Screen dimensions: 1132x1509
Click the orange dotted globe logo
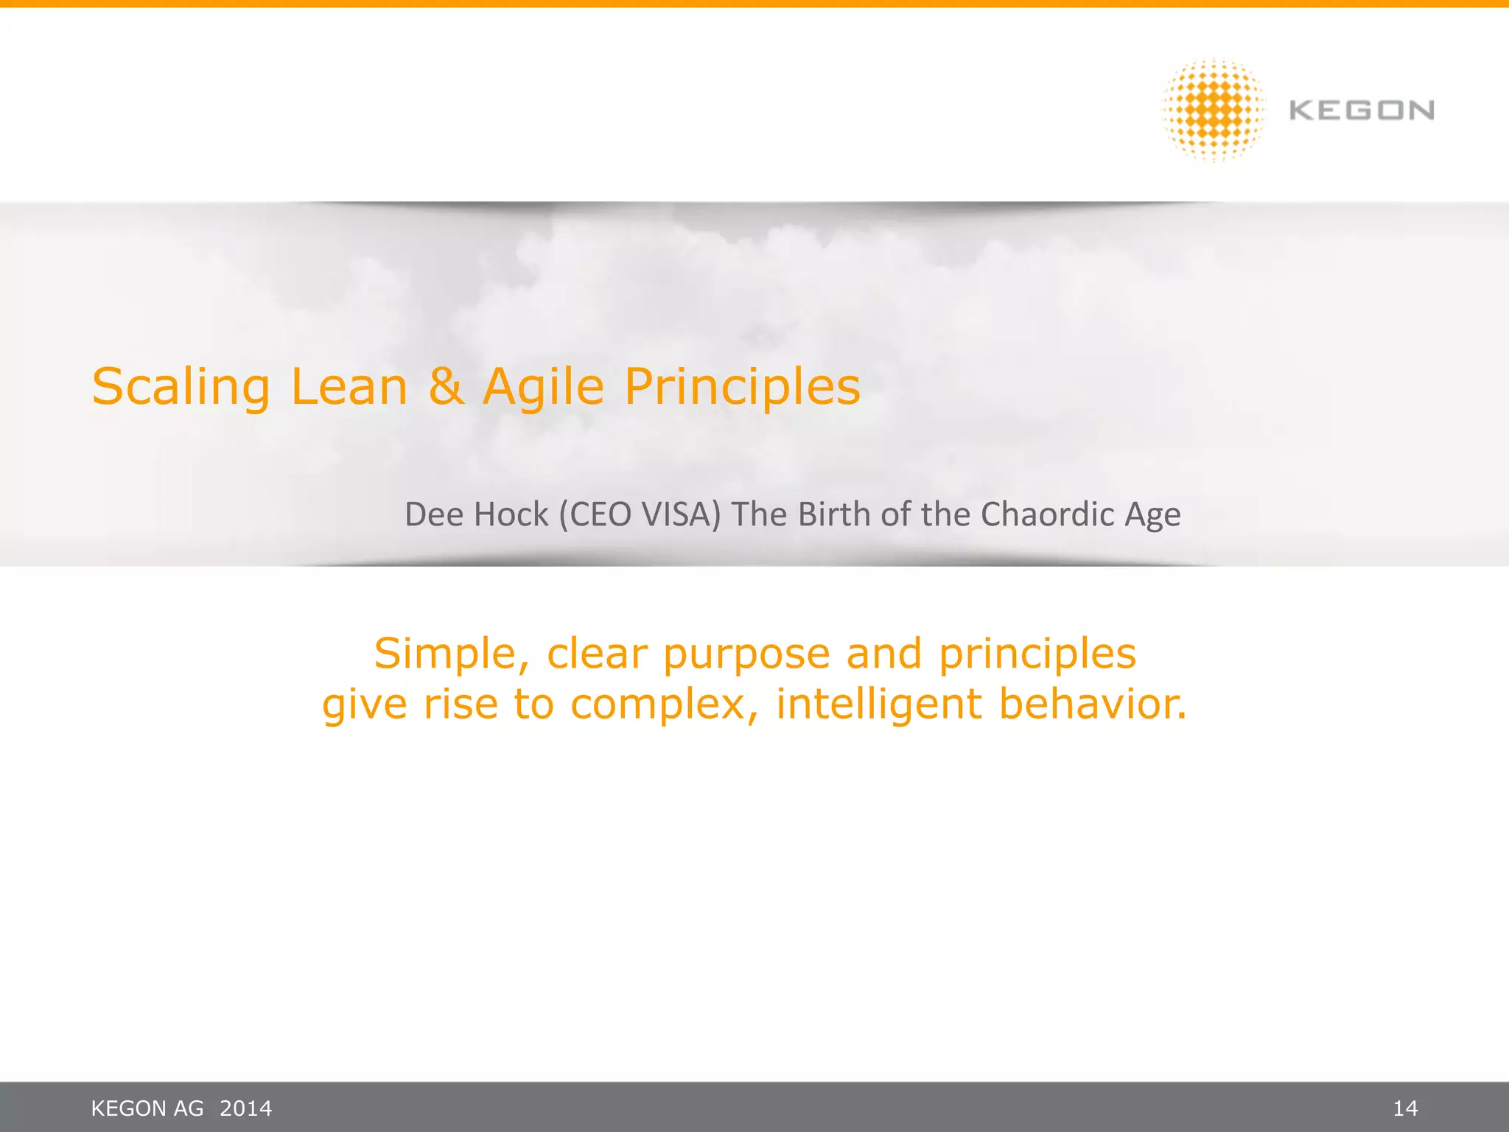1214,110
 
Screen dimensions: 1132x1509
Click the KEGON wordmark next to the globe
1362,111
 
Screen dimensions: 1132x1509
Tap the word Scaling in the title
181,387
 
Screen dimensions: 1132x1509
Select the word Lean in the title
349,387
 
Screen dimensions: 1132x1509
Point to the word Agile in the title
543,387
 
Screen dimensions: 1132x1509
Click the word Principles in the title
742,387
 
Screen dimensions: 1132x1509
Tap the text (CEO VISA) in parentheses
639,514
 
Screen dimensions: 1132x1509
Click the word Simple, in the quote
452,654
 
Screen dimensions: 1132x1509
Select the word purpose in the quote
746,654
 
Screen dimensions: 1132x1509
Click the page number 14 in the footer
1405,1108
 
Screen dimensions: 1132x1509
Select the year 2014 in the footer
246,1108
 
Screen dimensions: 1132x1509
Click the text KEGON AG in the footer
147,1108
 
